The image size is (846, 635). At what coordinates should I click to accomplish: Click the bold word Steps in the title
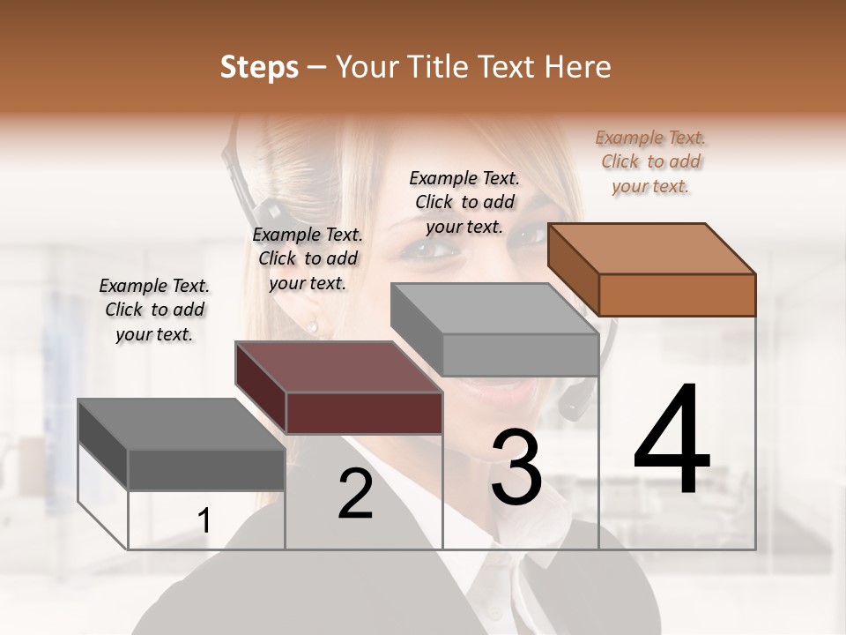(x=259, y=67)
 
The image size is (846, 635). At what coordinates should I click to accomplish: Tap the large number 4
(x=672, y=440)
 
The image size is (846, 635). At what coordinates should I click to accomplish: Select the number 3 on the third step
(x=516, y=467)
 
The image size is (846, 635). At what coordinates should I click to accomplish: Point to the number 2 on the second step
(x=355, y=494)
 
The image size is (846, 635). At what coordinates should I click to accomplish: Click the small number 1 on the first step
(x=204, y=521)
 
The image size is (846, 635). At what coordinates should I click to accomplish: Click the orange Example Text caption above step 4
(x=651, y=161)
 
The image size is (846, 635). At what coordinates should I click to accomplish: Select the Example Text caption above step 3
(x=464, y=202)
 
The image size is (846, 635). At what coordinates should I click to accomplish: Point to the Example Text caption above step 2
(x=308, y=258)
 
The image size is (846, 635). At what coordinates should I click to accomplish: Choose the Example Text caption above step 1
(x=154, y=310)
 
